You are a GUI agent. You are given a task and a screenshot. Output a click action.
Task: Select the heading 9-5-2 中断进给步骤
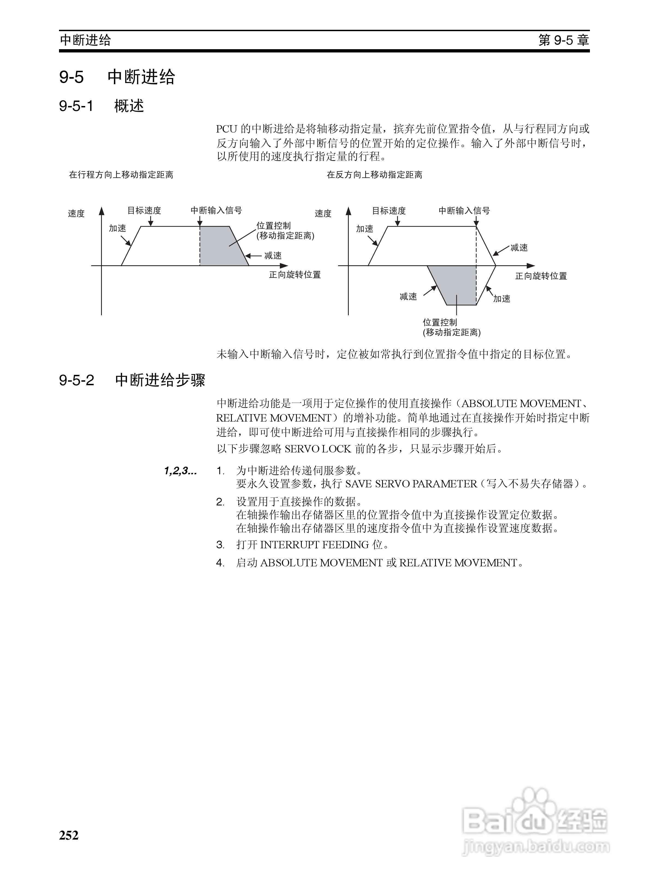pyautogui.click(x=132, y=380)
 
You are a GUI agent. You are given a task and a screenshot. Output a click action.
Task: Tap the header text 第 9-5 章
pyautogui.click(x=563, y=40)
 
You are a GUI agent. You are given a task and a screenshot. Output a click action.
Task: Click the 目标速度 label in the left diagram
pyautogui.click(x=144, y=211)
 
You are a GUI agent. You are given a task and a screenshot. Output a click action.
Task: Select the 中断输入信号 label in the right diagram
pyautogui.click(x=464, y=211)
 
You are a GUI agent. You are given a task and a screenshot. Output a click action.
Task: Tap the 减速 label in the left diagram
pyautogui.click(x=273, y=256)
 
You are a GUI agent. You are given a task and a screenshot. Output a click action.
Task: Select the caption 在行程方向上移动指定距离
pyautogui.click(x=121, y=175)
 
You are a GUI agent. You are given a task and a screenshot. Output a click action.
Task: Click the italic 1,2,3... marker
pyautogui.click(x=181, y=471)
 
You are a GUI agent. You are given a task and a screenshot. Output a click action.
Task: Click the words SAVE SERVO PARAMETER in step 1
pyautogui.click(x=411, y=484)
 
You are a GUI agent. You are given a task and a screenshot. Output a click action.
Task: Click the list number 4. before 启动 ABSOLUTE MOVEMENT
pyautogui.click(x=220, y=563)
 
